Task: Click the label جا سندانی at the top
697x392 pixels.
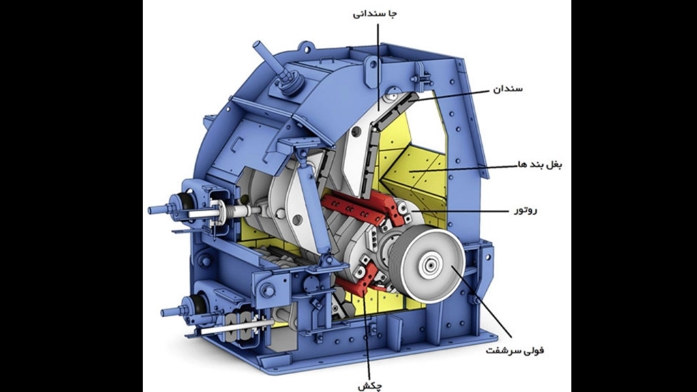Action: (x=374, y=14)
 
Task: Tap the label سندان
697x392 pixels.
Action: (x=508, y=89)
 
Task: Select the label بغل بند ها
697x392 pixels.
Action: (x=540, y=164)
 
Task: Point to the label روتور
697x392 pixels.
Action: (x=526, y=210)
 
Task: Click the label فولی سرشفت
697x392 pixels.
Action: (x=515, y=351)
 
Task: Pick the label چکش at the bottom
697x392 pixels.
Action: (x=369, y=386)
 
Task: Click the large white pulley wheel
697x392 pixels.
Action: (x=431, y=265)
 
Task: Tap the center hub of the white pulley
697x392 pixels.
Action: (x=431, y=266)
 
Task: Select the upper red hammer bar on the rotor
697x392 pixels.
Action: (x=354, y=210)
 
